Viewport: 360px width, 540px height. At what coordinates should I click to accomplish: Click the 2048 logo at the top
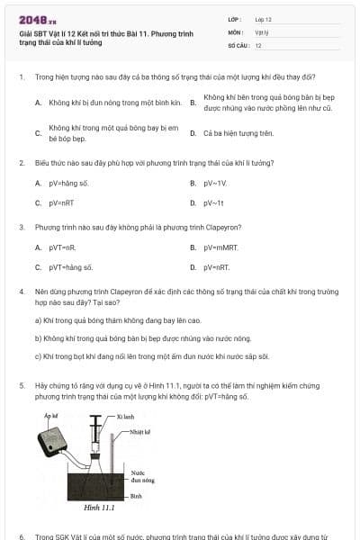point(38,19)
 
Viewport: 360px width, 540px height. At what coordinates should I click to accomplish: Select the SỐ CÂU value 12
point(258,45)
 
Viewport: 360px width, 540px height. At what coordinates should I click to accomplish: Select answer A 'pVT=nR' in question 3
point(60,247)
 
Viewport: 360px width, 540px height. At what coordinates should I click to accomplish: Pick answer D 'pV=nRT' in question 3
point(216,267)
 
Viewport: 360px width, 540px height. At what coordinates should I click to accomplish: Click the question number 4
point(21,292)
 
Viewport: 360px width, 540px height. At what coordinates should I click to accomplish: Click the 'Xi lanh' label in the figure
point(125,418)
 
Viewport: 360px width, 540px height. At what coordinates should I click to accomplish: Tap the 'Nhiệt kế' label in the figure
point(139,432)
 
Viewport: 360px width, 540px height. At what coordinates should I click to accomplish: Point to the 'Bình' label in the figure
point(135,496)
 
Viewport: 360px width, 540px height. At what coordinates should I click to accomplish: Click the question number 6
point(21,535)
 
